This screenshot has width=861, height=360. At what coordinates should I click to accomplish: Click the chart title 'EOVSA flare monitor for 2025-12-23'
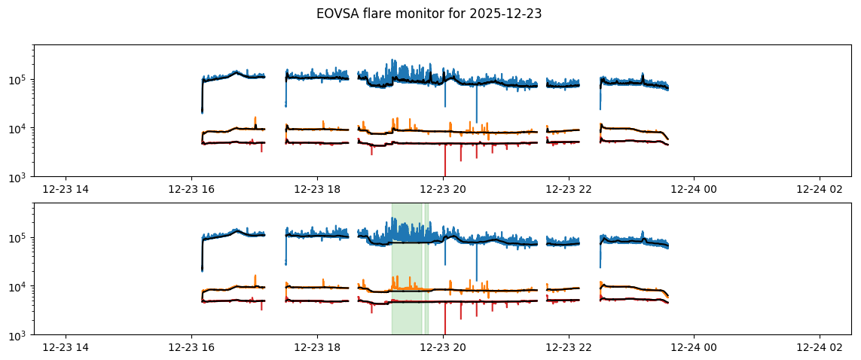429,14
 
